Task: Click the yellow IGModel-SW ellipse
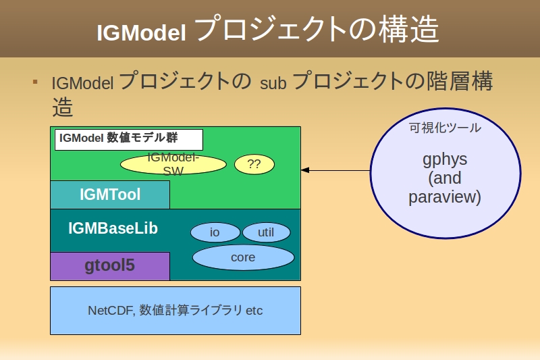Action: [x=173, y=164]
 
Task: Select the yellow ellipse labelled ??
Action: [x=254, y=164]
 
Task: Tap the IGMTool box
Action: [x=110, y=195]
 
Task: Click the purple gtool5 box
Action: [x=110, y=265]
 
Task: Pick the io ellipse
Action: [x=215, y=232]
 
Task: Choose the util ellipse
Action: [x=266, y=232]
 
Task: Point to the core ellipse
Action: [x=243, y=257]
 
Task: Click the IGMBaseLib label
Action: [x=113, y=228]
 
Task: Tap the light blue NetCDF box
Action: [x=175, y=311]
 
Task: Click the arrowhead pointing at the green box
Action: [x=305, y=170]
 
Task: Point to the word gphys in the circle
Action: [x=445, y=159]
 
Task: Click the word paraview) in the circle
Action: [x=445, y=197]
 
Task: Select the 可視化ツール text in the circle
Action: [x=445, y=128]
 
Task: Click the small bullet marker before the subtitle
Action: [x=35, y=82]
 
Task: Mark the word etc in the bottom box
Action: [x=254, y=311]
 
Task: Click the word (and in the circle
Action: [x=445, y=178]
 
